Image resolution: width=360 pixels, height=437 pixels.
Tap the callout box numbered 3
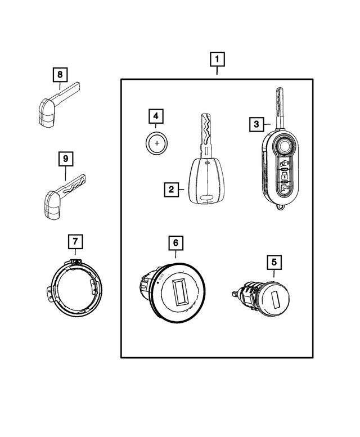(x=256, y=124)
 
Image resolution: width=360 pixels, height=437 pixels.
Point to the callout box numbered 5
(x=274, y=262)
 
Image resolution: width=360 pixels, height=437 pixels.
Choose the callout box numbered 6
(x=175, y=243)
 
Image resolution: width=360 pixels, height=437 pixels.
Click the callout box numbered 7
(x=75, y=242)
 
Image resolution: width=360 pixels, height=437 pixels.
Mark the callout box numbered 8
(x=60, y=74)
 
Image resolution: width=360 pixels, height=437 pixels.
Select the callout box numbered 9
(x=66, y=160)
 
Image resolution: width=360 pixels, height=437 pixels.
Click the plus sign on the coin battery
(x=157, y=143)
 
